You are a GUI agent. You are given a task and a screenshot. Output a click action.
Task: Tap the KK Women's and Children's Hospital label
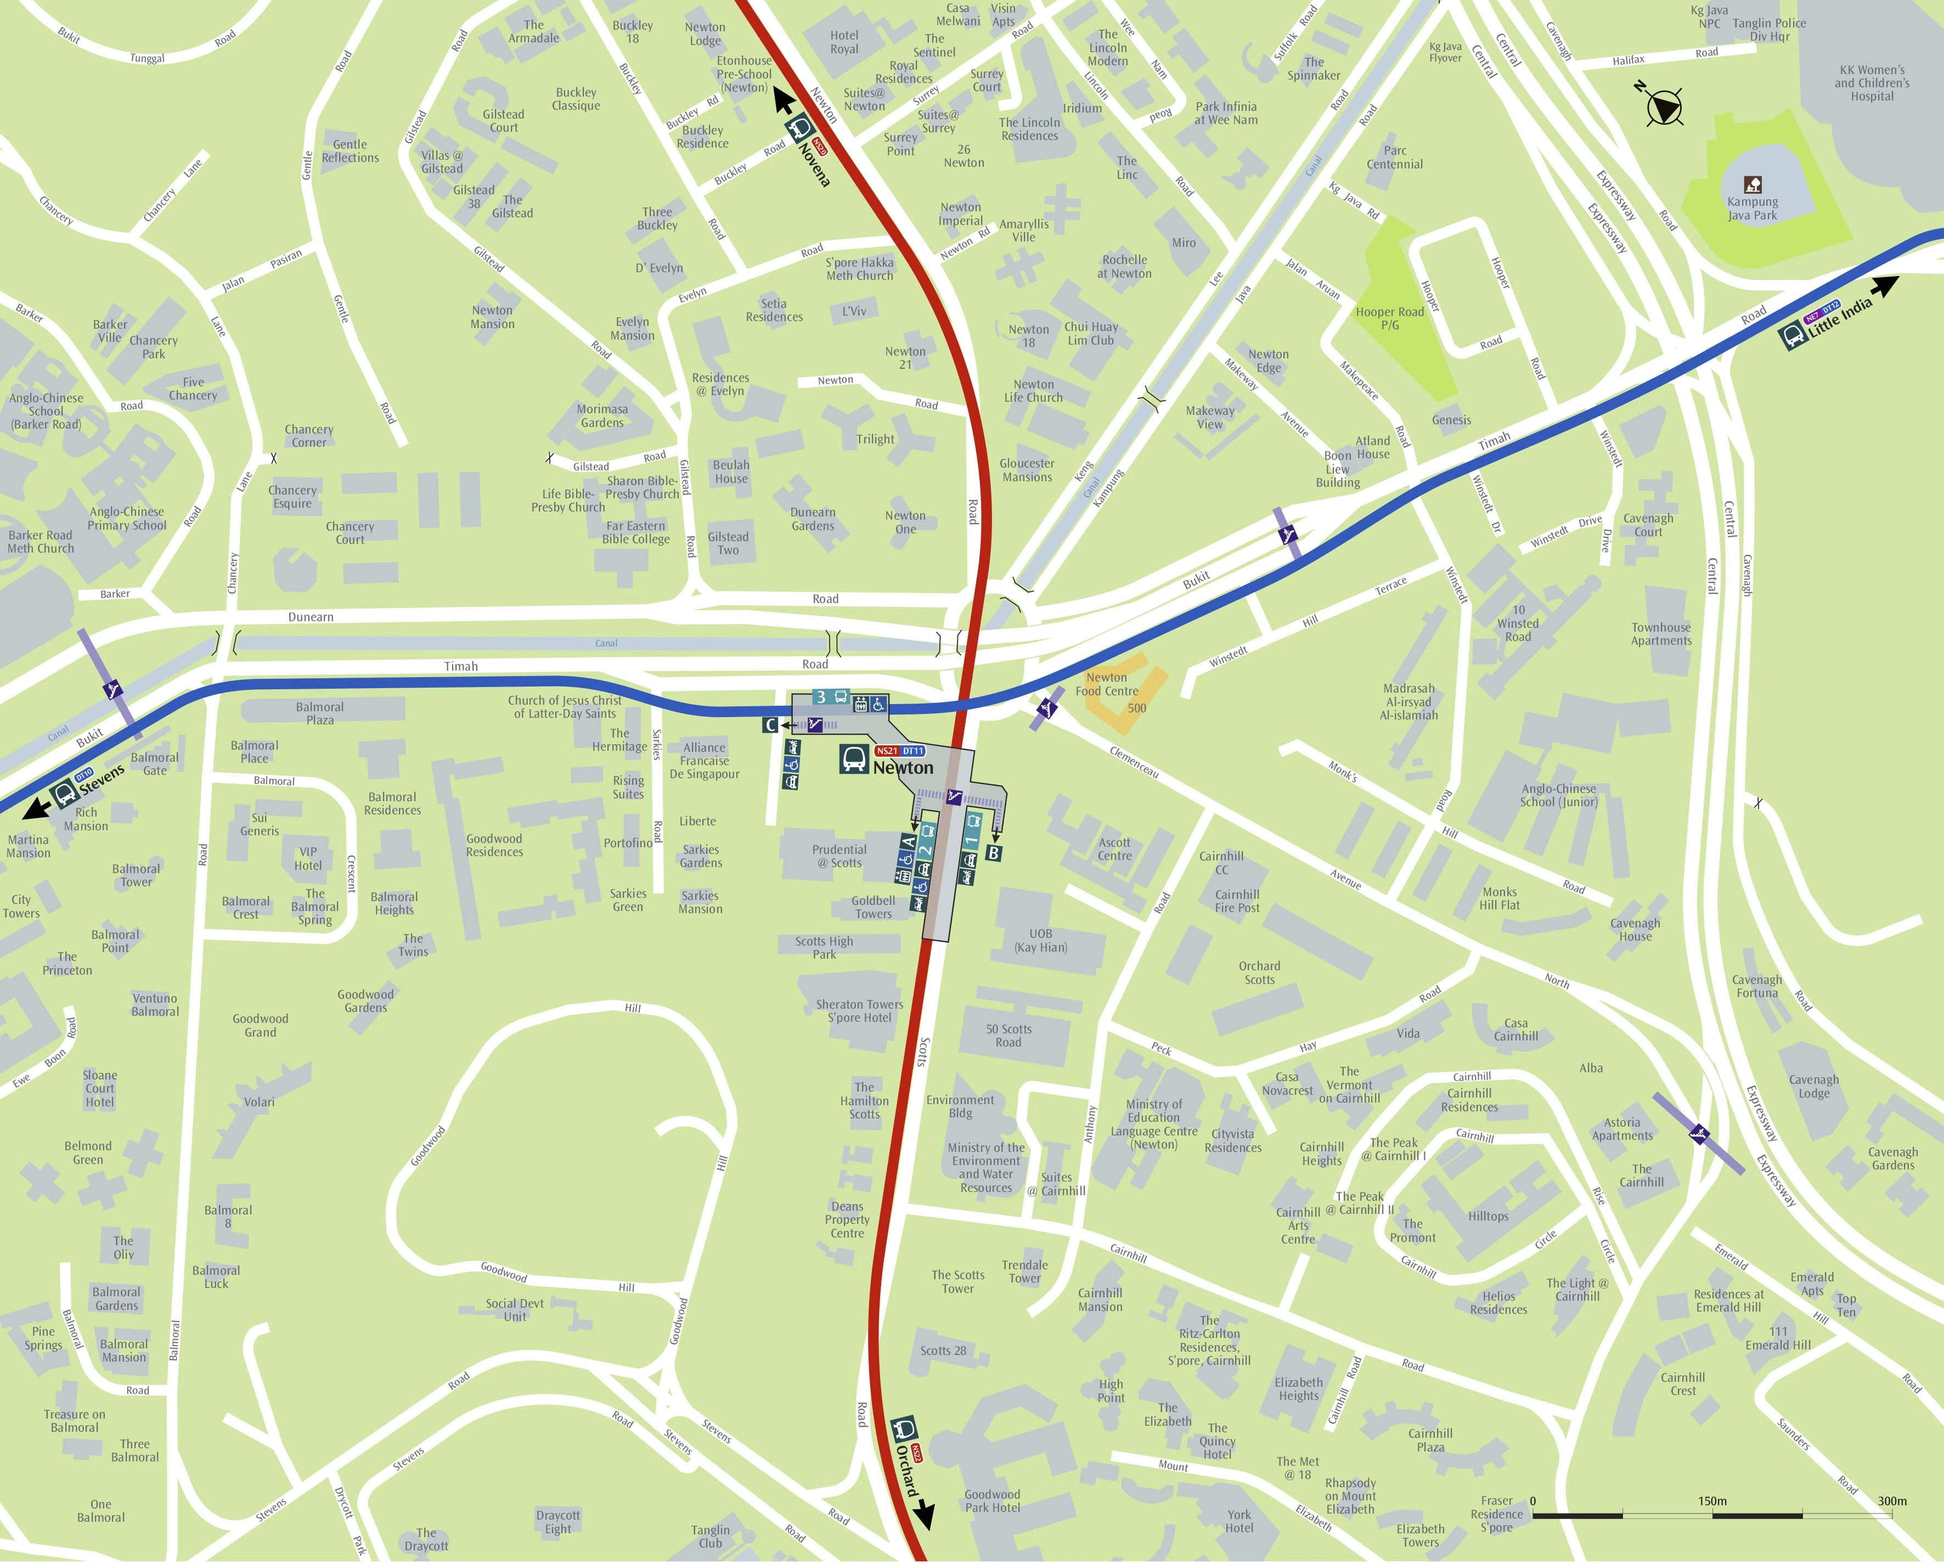[x=1872, y=83]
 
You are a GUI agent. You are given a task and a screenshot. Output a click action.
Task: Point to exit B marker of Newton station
[x=994, y=852]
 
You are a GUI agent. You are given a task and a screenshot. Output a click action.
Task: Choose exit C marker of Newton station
[x=770, y=724]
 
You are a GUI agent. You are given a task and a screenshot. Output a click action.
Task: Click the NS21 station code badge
[x=886, y=750]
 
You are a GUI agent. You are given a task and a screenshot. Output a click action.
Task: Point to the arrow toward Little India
[x=1885, y=287]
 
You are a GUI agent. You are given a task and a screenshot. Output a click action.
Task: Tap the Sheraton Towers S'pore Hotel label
[x=859, y=1011]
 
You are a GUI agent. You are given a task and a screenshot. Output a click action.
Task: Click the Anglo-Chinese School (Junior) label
[x=1558, y=795]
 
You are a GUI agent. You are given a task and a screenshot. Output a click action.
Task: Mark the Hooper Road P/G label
[x=1389, y=318]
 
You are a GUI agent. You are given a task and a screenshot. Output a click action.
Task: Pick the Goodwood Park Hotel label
[x=992, y=1501]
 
